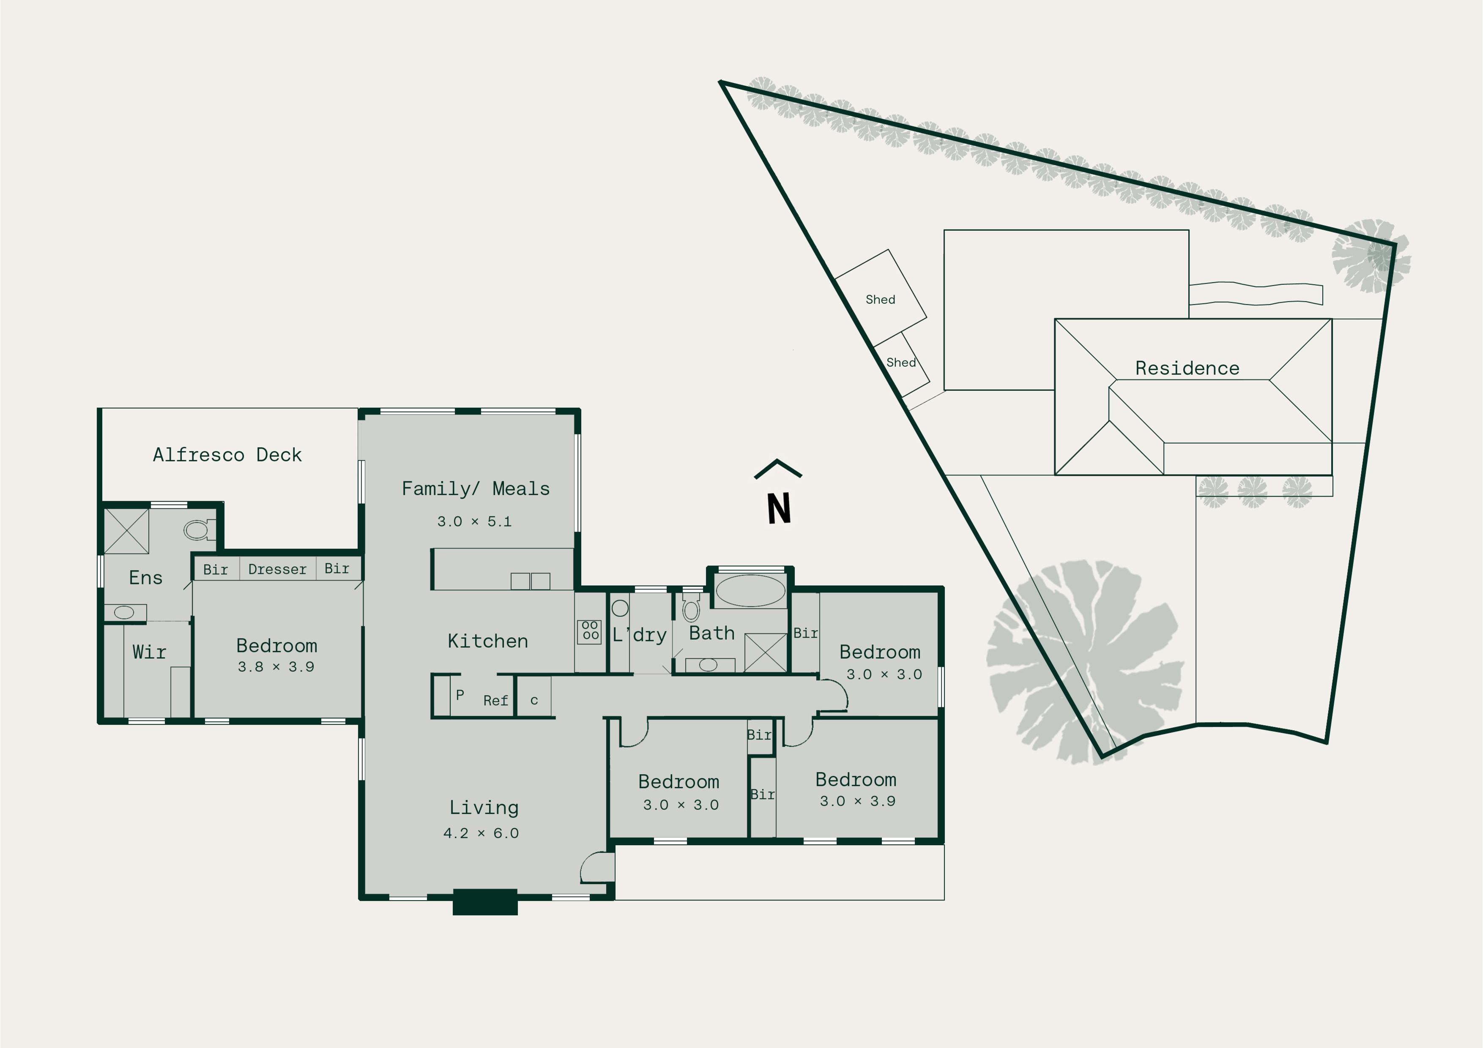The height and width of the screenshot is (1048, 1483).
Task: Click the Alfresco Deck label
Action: [x=227, y=455]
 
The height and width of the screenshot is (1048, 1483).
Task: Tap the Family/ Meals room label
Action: [x=476, y=489]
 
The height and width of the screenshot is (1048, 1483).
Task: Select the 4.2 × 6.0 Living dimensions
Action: [x=481, y=833]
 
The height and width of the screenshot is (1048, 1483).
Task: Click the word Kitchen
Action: [x=488, y=641]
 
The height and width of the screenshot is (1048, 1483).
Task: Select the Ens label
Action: [x=145, y=577]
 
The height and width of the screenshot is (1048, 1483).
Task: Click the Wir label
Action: [x=149, y=652]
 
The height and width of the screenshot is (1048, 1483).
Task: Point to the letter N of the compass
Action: [x=779, y=508]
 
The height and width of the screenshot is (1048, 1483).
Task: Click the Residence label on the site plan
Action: [x=1187, y=368]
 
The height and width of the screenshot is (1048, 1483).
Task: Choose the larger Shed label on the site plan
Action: [x=880, y=299]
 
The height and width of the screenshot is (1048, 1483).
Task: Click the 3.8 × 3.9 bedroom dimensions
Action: [x=276, y=666]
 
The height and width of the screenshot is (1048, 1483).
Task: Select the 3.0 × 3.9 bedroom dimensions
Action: [x=858, y=801]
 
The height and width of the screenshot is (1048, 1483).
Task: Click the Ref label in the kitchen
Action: [x=495, y=701]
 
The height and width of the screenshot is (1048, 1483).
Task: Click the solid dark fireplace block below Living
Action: [x=485, y=902]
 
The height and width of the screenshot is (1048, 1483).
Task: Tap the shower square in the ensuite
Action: [x=126, y=532]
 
